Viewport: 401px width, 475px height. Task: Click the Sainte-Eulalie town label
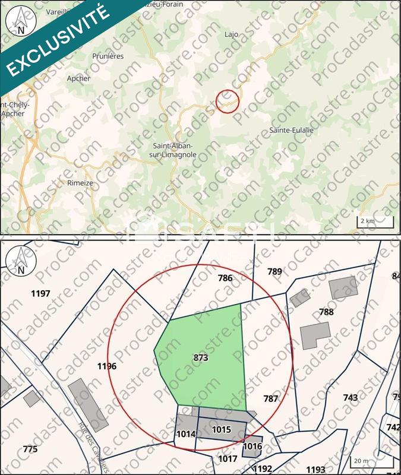pos(291,130)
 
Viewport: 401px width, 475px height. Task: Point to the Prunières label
pos(108,56)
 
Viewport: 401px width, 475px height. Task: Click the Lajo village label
pos(232,34)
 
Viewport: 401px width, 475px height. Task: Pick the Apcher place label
pos(79,78)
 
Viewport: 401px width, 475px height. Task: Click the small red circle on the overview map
pos(227,100)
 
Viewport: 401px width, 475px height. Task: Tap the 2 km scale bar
pos(375,221)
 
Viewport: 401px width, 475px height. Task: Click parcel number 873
pos(201,358)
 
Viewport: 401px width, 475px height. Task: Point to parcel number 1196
pos(106,366)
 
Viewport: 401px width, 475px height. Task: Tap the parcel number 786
pos(225,278)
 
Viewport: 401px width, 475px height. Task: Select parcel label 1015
pos(221,429)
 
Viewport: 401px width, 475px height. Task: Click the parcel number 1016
pos(252,446)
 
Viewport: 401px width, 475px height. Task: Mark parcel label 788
pos(326,312)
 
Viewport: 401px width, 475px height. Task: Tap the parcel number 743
pos(350,397)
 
